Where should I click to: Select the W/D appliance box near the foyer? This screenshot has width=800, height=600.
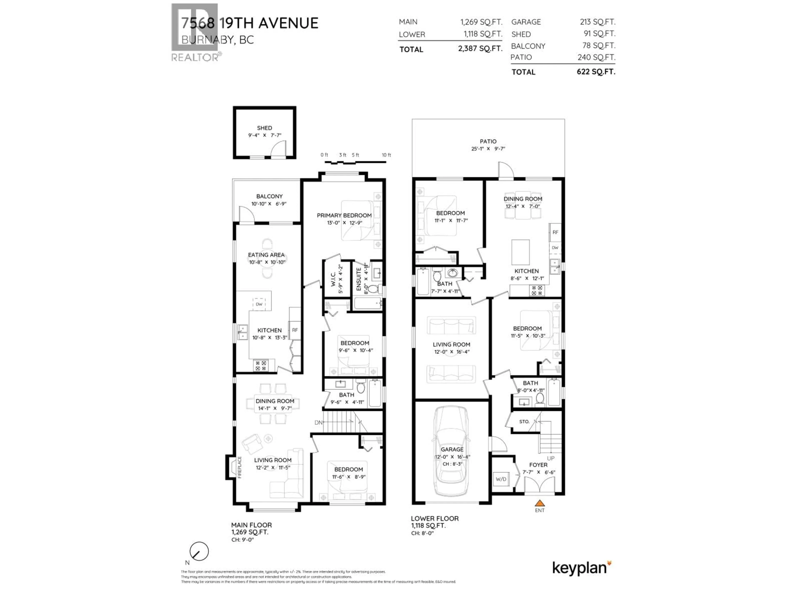pos(501,479)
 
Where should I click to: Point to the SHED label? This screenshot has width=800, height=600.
pos(264,128)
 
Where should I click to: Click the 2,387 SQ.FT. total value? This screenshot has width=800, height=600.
pos(480,49)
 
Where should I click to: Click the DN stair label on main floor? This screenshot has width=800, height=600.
pos(318,422)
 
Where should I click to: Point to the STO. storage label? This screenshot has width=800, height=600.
pos(524,422)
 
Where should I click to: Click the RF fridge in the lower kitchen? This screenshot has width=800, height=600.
pos(555,232)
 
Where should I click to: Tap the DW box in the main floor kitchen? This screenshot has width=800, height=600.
pos(259,304)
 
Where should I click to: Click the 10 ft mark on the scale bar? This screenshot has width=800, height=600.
pos(386,155)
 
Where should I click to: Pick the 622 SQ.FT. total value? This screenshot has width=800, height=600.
pos(596,72)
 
